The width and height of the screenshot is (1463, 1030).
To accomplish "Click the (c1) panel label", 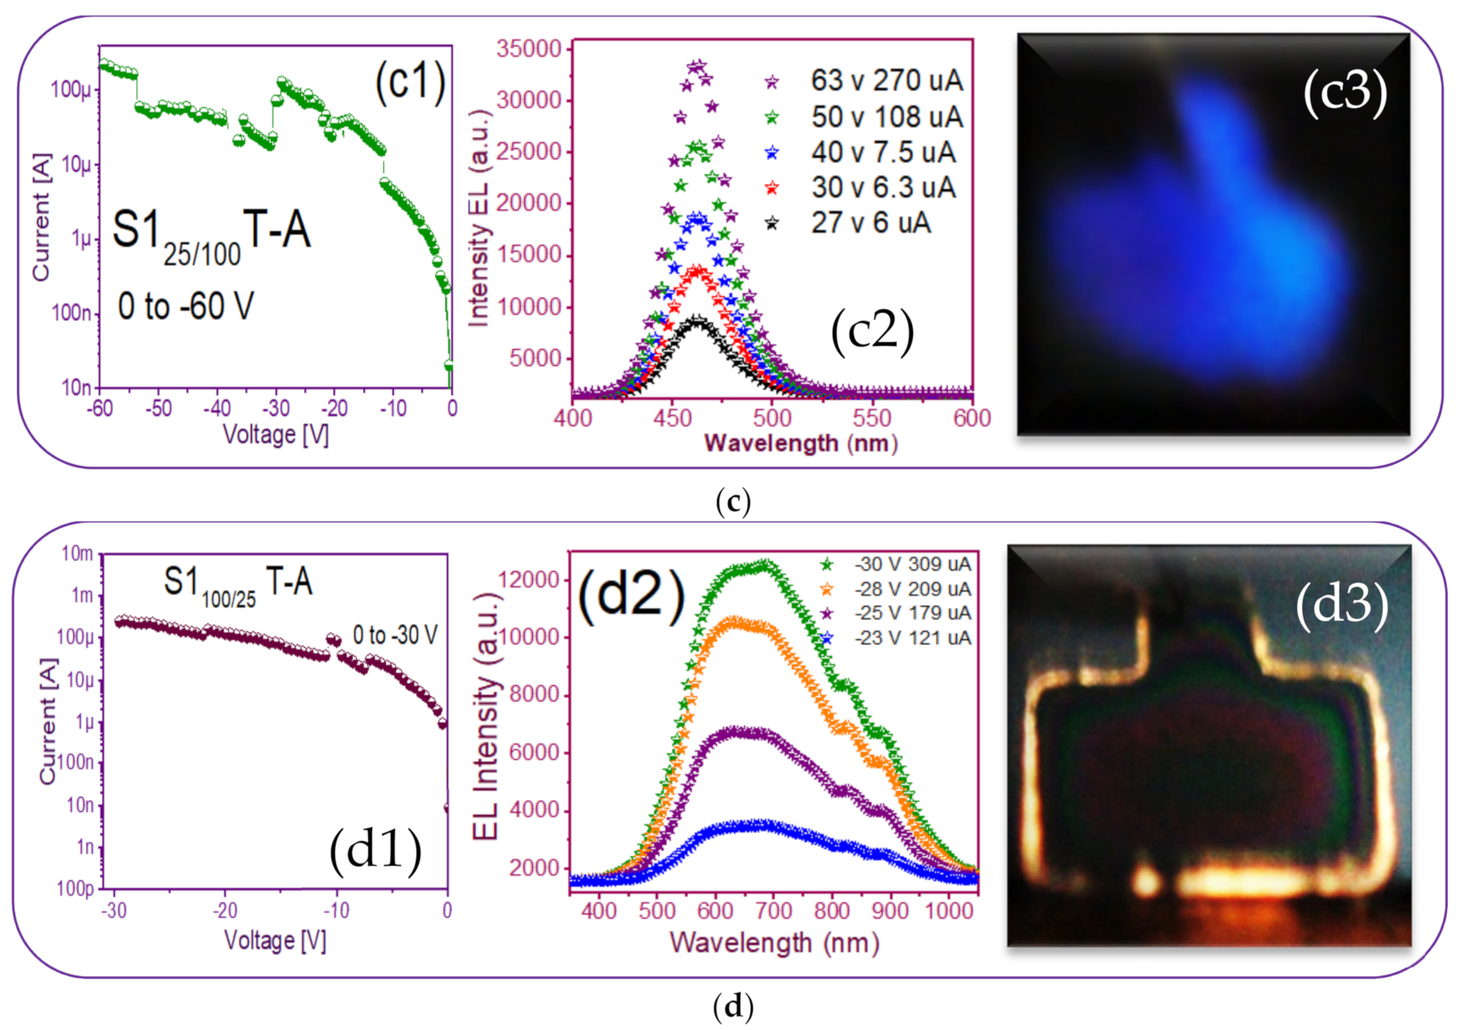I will tap(410, 83).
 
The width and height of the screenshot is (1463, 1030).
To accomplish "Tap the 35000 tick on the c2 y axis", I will tap(530, 49).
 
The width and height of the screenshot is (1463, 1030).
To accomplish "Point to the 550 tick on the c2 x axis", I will tap(872, 418).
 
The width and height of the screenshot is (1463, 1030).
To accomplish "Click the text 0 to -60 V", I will tap(186, 306).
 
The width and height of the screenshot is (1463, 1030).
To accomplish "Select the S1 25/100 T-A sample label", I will tap(211, 234).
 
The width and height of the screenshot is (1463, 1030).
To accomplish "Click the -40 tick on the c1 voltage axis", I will tap(217, 409).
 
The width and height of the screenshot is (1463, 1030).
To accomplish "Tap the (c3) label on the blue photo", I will tap(1345, 92).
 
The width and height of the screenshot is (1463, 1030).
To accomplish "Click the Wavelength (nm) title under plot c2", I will tap(800, 443).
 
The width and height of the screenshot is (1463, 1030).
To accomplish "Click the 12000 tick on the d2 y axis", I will tap(529, 580).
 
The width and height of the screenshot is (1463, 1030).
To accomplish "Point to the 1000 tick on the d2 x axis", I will tap(949, 911).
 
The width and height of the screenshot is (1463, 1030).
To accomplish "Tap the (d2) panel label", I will tap(631, 594).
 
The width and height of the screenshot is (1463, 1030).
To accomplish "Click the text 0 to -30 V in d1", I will tap(395, 635).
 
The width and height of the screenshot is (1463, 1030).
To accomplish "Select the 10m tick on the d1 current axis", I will tap(77, 554).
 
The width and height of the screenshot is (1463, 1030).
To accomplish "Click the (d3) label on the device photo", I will tap(1341, 605).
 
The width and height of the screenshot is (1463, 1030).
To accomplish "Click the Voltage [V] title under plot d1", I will tap(275, 941).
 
